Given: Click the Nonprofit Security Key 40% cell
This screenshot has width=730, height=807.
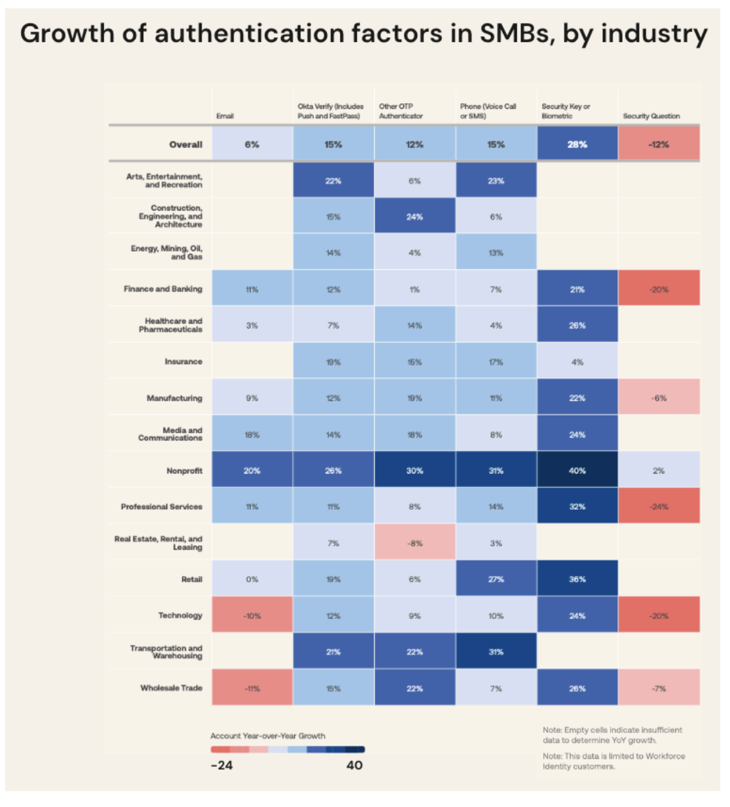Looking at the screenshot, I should pyautogui.click(x=577, y=471).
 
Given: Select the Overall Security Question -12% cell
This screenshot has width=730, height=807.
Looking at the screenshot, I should pyautogui.click(x=659, y=144).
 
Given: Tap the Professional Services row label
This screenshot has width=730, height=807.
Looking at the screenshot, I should pyautogui.click(x=162, y=507).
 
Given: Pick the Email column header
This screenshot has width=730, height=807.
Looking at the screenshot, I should pyautogui.click(x=225, y=116).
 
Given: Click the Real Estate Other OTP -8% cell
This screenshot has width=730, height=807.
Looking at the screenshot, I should pyautogui.click(x=415, y=543).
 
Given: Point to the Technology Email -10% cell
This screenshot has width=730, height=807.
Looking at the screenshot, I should pyautogui.click(x=252, y=616).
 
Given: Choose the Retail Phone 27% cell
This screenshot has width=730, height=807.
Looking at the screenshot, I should pyautogui.click(x=496, y=579).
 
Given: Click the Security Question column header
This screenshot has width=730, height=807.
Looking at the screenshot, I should pyautogui.click(x=651, y=116).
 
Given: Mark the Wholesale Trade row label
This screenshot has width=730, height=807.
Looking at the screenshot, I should pyautogui.click(x=171, y=688).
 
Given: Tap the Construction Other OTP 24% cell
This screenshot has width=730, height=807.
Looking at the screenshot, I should pyautogui.click(x=415, y=217).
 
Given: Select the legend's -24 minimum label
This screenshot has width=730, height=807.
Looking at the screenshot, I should pyautogui.click(x=222, y=765).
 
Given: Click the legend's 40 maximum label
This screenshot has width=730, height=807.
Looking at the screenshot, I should pyautogui.click(x=354, y=765).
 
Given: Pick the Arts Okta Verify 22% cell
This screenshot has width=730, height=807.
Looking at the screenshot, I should pyautogui.click(x=333, y=181).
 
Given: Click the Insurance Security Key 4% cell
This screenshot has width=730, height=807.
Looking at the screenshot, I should pyautogui.click(x=577, y=362).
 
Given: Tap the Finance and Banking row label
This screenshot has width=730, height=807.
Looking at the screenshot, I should pyautogui.click(x=163, y=289).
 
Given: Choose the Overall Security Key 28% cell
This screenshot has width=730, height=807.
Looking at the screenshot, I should pyautogui.click(x=577, y=144).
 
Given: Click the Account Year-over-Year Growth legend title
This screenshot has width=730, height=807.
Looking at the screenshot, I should pyautogui.click(x=268, y=736).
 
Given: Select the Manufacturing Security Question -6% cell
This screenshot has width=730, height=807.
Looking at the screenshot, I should pyautogui.click(x=659, y=398).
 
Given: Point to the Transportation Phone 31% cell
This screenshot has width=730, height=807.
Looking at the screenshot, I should pyautogui.click(x=496, y=652).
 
